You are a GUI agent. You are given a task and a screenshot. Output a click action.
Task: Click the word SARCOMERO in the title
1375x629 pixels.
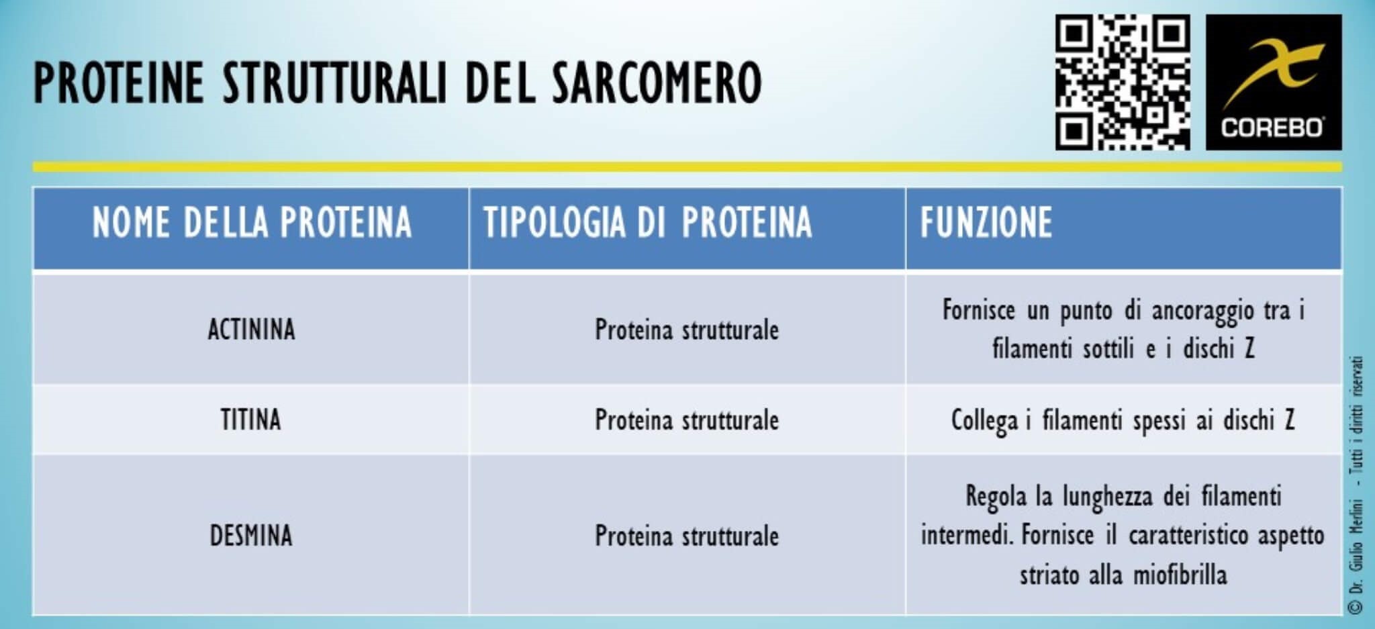point(657,83)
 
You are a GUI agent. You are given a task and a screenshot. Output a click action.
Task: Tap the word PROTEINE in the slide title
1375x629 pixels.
point(118,83)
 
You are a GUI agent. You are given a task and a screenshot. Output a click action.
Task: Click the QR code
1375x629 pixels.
point(1123,83)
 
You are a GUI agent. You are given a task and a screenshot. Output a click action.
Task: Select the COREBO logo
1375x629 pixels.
point(1273,83)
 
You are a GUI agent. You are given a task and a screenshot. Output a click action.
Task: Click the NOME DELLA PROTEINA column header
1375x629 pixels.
point(252,222)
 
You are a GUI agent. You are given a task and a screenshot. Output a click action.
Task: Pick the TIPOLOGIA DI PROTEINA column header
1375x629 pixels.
point(647,222)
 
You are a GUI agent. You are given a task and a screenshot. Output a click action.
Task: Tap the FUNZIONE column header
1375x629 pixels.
point(986,222)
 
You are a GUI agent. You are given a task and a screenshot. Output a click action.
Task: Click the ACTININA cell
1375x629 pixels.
point(251,330)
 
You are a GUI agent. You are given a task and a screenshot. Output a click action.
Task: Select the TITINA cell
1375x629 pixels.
point(250,420)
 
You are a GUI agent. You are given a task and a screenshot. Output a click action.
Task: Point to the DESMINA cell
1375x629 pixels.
point(251,536)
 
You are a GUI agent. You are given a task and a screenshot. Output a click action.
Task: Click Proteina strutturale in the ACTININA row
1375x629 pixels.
point(686,330)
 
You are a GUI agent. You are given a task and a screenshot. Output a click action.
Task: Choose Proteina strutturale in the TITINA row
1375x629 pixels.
point(686,420)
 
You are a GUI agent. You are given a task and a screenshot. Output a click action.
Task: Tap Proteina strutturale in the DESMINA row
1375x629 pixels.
point(686,536)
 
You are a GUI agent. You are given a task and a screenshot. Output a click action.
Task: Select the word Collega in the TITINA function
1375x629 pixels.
point(984,421)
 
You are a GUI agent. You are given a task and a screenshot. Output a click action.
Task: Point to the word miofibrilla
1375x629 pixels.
point(1180,575)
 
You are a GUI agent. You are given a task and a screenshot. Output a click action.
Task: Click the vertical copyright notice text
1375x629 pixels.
point(1356,483)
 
